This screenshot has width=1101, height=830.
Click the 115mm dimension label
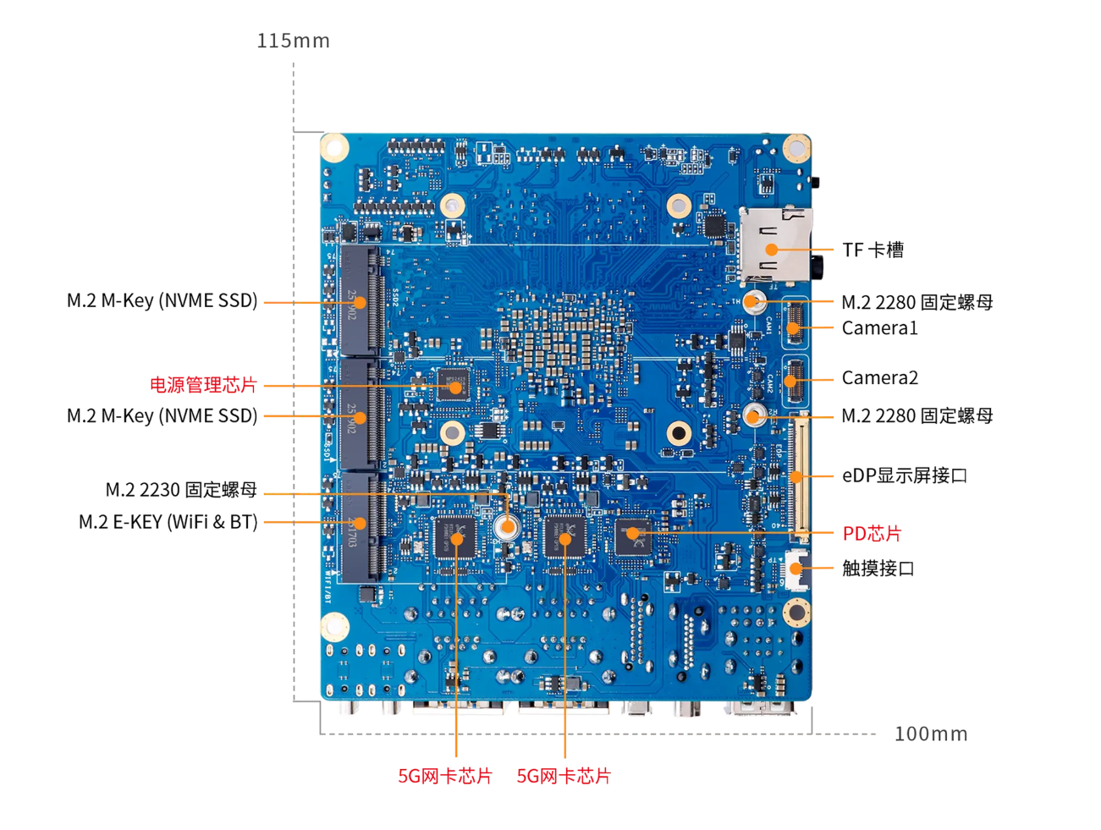[x=293, y=41]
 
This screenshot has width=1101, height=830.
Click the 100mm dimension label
[x=930, y=734]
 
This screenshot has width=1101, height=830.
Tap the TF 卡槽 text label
[x=873, y=250]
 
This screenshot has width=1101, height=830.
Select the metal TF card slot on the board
[x=774, y=245]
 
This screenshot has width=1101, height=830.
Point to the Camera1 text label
[x=879, y=328]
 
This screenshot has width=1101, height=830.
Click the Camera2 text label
[x=879, y=377]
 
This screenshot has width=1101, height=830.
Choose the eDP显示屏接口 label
[x=904, y=475]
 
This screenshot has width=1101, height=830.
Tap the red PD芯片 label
[x=872, y=534]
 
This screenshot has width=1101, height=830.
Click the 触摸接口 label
[x=878, y=569]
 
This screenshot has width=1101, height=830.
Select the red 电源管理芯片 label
[x=203, y=385]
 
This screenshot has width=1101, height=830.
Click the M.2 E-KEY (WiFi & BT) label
[x=168, y=522]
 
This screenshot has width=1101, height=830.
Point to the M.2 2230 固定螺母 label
[x=181, y=490]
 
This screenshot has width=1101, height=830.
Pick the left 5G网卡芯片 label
[x=444, y=776]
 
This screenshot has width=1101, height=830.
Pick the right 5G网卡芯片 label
[x=564, y=776]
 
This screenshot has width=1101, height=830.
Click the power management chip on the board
[x=454, y=385]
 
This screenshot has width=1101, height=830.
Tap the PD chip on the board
[x=632, y=533]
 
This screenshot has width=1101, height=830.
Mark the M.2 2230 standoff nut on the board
[x=507, y=526]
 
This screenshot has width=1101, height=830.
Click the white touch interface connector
[x=795, y=569]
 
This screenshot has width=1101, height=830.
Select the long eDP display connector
[x=798, y=475]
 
